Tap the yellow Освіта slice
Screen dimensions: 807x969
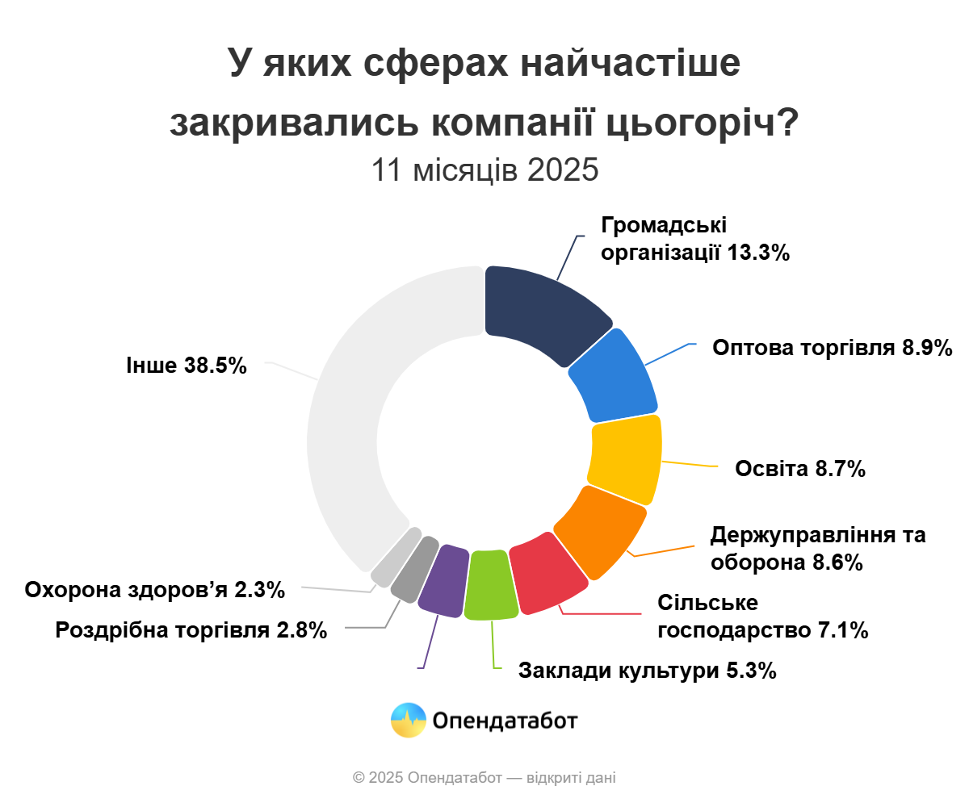point(627,453)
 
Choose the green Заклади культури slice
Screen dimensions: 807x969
point(492,585)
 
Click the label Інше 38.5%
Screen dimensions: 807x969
point(186,366)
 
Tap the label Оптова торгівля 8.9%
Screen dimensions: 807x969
point(833,348)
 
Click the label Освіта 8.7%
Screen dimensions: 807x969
point(800,469)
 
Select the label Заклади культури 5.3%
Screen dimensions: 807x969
point(647,671)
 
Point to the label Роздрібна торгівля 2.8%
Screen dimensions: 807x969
point(191,630)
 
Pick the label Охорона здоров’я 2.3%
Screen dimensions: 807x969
point(155,590)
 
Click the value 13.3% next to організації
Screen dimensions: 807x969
point(758,253)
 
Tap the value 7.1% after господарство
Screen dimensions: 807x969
point(841,630)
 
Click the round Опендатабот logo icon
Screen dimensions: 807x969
point(408,720)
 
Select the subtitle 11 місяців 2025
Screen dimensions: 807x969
point(484,170)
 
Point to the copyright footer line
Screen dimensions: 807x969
point(484,778)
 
